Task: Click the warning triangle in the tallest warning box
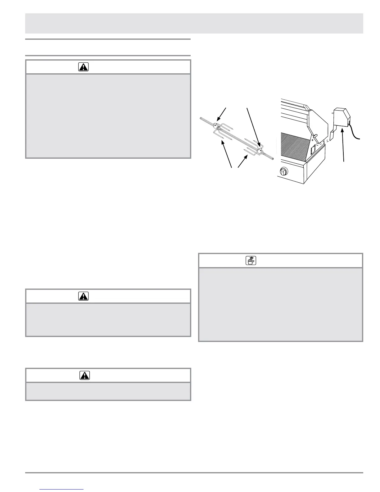coord(83,67)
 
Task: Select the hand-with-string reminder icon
coord(251,261)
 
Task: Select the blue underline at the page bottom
coord(62,489)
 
